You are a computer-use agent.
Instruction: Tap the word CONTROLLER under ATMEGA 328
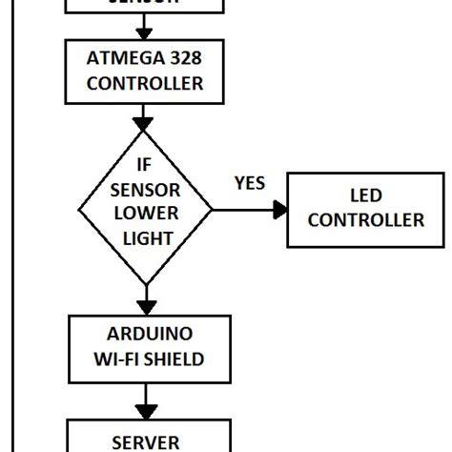145,83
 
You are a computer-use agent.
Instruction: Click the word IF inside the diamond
144,165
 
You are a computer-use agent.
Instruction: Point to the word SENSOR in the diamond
144,188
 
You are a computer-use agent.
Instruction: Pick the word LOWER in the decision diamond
145,212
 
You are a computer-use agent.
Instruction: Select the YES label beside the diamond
249,183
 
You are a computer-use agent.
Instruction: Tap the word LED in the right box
365,196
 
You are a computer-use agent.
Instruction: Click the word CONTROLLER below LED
365,220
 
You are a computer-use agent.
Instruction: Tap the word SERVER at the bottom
145,442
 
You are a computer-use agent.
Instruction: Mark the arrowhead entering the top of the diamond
145,123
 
